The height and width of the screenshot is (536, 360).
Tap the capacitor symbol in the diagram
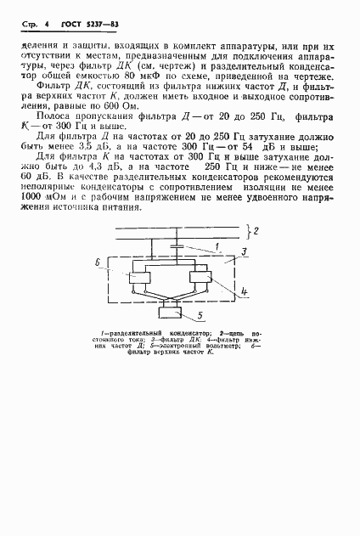pyautogui.click(x=176, y=245)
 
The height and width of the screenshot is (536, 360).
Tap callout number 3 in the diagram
pyautogui.click(x=244, y=252)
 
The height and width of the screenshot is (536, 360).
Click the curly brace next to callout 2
pyautogui.click(x=250, y=230)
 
